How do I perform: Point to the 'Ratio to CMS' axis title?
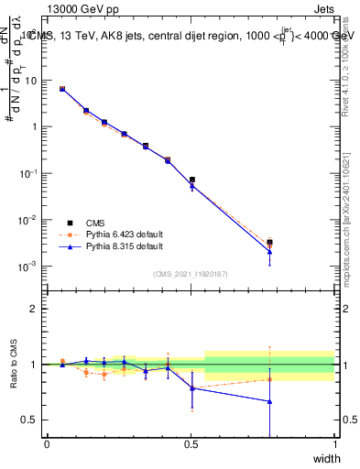[12, 364]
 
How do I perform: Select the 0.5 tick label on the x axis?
[191, 443]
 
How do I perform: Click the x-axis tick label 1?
[334, 443]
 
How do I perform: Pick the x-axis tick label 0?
[47, 443]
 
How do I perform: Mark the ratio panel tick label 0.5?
[30, 420]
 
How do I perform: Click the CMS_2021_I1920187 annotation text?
[191, 274]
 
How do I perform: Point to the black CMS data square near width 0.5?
[191, 180]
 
